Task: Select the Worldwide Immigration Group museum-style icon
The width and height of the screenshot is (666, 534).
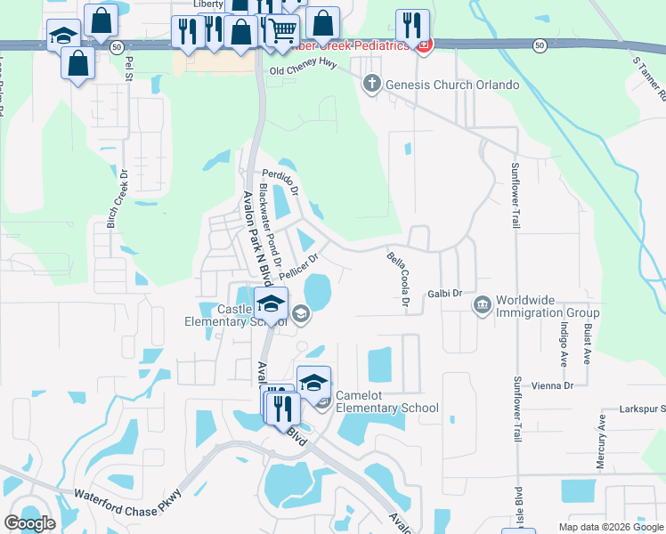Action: coord(482,305)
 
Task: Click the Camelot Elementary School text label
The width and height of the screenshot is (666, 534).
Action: coord(386,409)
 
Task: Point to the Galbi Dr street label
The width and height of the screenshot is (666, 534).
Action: coord(445,293)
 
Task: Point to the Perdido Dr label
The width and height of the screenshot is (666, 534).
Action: coord(280,182)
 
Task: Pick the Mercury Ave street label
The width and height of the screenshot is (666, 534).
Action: coord(601,435)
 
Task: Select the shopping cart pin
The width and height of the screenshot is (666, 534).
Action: coord(283,31)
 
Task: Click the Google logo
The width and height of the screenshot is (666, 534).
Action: coord(29,524)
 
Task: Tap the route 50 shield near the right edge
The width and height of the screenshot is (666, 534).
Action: coord(540,44)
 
